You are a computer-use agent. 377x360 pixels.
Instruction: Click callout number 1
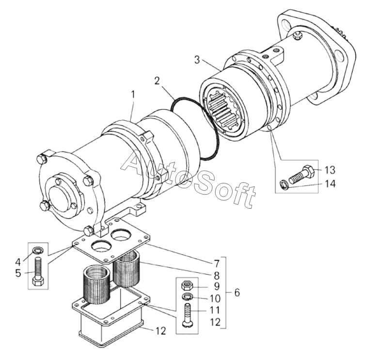pos(132,96)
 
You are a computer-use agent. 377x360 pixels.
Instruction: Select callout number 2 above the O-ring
pos(157,81)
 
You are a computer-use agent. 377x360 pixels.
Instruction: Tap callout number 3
pos(197,60)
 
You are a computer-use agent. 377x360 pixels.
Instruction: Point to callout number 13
pos(330,170)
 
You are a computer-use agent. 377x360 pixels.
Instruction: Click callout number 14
pos(330,184)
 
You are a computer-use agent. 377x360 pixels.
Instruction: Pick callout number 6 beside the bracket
pos(237,293)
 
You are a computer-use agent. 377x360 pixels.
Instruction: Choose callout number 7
pos(217,264)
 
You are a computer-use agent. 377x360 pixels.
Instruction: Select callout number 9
pos(217,286)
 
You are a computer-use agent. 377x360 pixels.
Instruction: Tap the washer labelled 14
pos(283,185)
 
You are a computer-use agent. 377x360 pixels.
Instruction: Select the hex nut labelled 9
pos(187,285)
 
